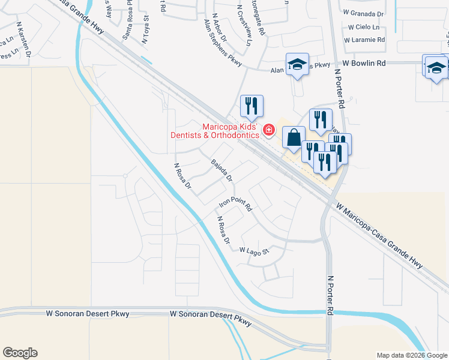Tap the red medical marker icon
268,129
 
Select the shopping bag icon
293,137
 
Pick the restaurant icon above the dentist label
252,106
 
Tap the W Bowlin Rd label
364,62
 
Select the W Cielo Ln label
364,27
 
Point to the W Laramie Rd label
364,40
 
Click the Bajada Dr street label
221,170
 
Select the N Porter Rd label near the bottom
330,295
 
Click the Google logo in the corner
20,353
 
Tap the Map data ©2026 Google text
411,355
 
